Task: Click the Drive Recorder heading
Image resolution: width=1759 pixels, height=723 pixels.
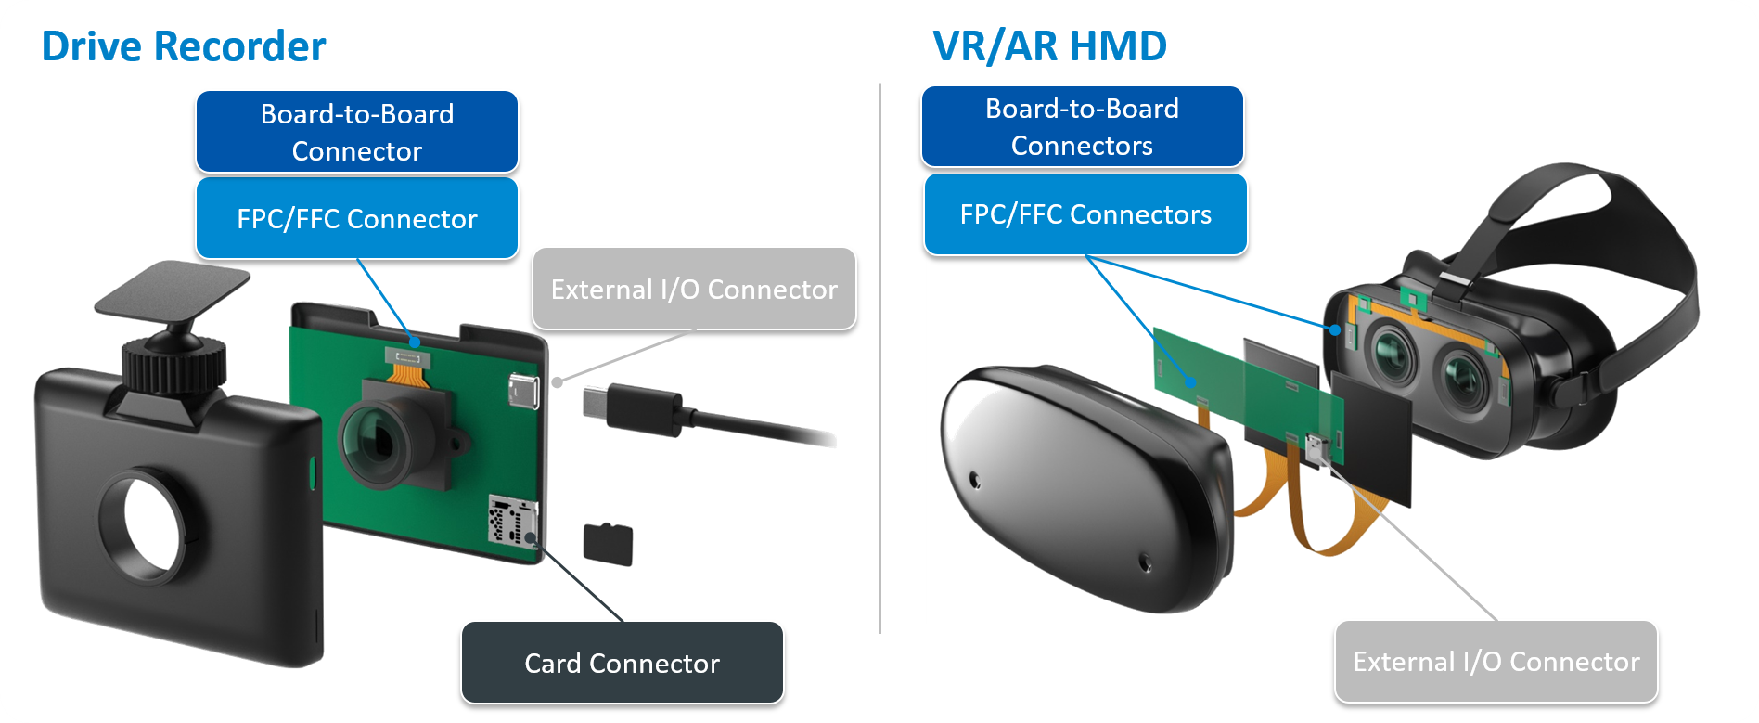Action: coord(184,46)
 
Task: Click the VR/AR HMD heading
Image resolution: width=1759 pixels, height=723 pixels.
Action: coord(1049,45)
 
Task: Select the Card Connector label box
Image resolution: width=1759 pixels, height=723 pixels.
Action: coord(623,663)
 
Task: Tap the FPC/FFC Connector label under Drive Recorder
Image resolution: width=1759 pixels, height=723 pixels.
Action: coord(357,218)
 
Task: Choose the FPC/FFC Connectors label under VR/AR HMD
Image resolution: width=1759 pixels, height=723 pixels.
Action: coord(1085,214)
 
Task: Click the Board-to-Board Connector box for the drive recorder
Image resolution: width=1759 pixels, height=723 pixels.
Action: coord(357,132)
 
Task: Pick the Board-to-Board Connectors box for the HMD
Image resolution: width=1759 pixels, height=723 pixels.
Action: coord(1082,127)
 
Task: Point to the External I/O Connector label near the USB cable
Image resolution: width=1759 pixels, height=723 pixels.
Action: coord(694,289)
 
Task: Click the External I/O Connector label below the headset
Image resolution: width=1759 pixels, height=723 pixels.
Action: coord(1496,662)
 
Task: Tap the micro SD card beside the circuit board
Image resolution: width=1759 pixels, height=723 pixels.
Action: coord(608,544)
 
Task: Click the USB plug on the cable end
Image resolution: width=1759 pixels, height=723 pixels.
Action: coord(631,410)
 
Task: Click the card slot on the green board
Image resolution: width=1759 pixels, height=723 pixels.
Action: coord(512,521)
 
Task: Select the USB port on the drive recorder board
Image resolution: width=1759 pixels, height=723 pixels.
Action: coord(524,393)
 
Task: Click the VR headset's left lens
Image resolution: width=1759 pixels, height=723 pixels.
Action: coord(1390,354)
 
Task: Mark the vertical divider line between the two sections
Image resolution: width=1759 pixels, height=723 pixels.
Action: coord(879,358)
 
